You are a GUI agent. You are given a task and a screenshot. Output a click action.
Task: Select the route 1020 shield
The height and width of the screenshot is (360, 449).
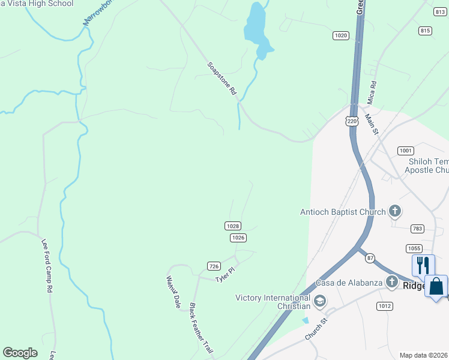click(341, 35)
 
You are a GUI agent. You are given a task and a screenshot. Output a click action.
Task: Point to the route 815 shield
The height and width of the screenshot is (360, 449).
click(426, 31)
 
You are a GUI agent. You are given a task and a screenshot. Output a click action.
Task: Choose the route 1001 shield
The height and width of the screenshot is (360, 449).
click(406, 151)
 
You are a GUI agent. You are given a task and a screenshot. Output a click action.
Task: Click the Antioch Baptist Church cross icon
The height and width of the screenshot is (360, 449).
click(394, 211)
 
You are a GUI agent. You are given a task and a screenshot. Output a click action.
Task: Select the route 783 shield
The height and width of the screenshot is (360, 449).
click(418, 229)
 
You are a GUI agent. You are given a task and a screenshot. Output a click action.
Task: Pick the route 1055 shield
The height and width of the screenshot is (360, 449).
click(414, 248)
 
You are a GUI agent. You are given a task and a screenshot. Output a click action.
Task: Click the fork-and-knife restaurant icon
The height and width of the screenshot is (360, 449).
click(423, 266)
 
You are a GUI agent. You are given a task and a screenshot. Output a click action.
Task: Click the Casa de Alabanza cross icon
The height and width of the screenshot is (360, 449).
click(392, 281)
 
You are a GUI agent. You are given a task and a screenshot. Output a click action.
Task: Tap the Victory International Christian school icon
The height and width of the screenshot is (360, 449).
click(319, 300)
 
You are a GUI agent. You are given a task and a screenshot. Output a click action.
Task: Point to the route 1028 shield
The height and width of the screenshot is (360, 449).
click(233, 226)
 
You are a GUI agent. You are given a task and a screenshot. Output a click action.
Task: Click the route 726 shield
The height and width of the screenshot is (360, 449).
click(213, 266)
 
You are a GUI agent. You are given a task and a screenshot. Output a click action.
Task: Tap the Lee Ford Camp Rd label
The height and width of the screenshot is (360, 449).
click(47, 265)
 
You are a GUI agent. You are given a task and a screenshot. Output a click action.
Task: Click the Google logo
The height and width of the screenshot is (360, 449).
click(20, 353)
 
